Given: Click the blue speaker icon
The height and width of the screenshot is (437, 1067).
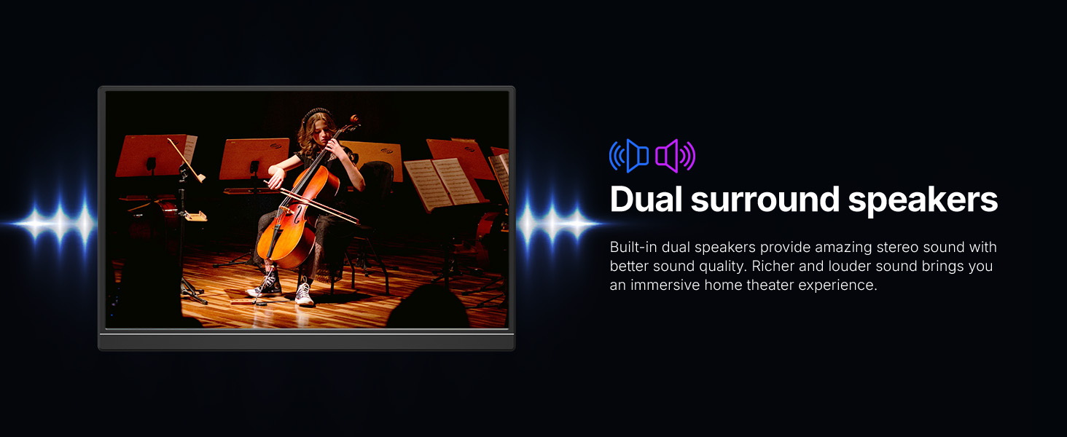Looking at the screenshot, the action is pyautogui.click(x=629, y=156).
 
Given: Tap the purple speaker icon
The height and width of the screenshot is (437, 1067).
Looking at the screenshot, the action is pyautogui.click(x=675, y=156).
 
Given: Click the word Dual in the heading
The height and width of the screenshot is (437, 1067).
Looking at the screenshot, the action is pyautogui.click(x=646, y=199).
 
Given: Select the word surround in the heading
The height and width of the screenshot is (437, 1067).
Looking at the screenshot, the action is pyautogui.click(x=765, y=200).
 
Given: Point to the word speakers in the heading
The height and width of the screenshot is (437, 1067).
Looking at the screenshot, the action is pyautogui.click(x=923, y=202).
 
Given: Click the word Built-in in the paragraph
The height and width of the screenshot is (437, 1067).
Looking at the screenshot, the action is pyautogui.click(x=633, y=247).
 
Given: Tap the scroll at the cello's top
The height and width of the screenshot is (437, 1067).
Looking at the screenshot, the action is pyautogui.click(x=354, y=119).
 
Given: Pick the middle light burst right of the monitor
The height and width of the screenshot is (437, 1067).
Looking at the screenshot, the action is pyautogui.click(x=552, y=223).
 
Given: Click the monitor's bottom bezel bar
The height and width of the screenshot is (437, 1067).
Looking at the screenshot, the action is pyautogui.click(x=306, y=342).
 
